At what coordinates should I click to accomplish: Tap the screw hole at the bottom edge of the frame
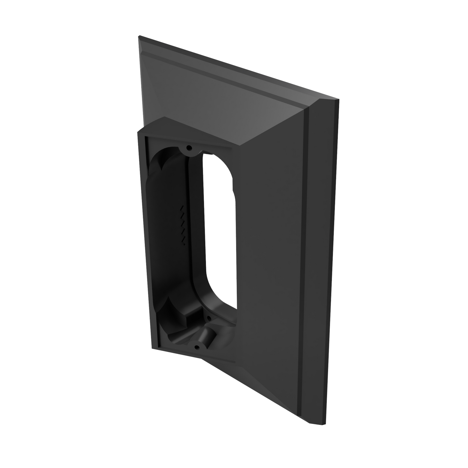(x=196, y=347)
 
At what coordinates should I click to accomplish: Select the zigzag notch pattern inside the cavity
(x=183, y=223)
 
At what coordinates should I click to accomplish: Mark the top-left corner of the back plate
(x=139, y=36)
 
